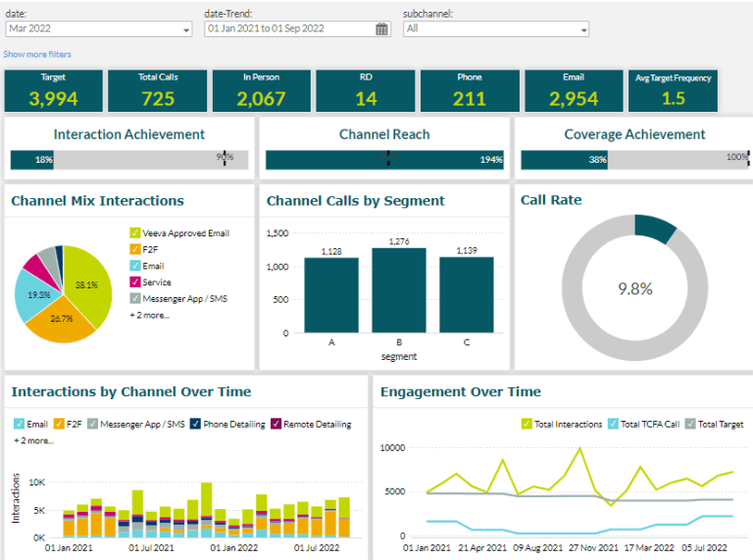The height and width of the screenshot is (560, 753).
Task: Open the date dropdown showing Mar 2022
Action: click(x=98, y=29)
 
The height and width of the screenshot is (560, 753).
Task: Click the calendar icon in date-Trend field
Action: click(x=381, y=29)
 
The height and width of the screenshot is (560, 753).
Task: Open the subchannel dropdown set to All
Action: click(x=495, y=29)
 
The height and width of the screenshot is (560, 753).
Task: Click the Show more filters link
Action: click(x=37, y=54)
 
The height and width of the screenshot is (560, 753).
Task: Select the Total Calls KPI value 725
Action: click(x=157, y=98)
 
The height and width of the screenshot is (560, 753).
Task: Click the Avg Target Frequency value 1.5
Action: click(x=674, y=98)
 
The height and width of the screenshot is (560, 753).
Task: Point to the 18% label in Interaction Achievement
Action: click(x=44, y=160)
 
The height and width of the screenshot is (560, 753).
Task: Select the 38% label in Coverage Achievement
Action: click(x=597, y=160)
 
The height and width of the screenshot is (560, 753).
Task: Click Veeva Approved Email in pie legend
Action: click(x=185, y=233)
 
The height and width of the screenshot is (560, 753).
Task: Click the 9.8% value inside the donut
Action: click(x=634, y=288)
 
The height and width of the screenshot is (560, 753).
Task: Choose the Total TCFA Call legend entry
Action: click(x=648, y=425)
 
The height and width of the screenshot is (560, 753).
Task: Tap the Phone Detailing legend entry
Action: click(x=232, y=425)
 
